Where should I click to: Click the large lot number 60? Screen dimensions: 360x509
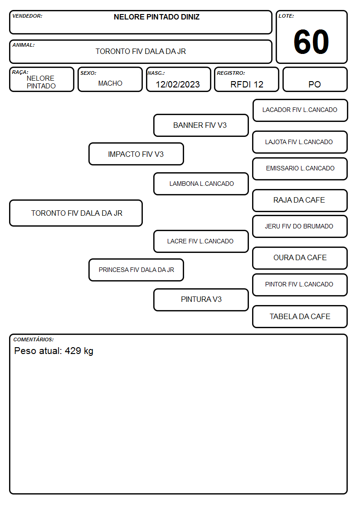[311, 42]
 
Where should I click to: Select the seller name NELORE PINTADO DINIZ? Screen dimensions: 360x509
[156, 17]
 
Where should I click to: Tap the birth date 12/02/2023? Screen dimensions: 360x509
[178, 84]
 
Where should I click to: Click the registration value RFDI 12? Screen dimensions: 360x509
[247, 84]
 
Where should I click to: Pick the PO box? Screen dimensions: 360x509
[315, 79]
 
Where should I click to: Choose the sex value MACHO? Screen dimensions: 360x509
[110, 83]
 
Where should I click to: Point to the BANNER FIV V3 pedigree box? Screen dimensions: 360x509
[201, 125]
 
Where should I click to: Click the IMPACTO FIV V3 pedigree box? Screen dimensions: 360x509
[136, 154]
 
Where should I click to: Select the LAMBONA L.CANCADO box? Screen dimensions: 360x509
[201, 184]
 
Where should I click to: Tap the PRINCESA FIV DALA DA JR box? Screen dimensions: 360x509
[136, 270]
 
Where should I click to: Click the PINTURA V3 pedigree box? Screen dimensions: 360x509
[201, 300]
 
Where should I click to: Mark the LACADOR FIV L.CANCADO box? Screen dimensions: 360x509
[300, 111]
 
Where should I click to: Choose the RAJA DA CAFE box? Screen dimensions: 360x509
[300, 200]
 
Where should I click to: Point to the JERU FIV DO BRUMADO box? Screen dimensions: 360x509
[300, 226]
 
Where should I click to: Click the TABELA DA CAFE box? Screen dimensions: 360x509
[300, 316]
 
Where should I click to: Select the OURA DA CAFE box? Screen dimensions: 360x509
[300, 258]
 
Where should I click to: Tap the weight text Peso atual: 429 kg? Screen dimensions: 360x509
[54, 351]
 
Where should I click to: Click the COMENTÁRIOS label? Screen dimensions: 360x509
[34, 339]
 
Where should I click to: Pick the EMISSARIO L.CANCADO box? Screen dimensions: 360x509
[300, 169]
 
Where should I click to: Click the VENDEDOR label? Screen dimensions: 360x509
[27, 16]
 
